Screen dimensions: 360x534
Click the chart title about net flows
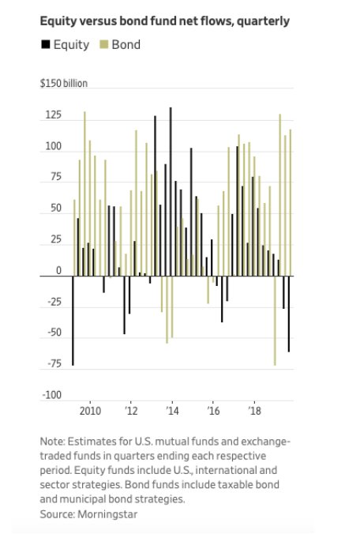[165, 21]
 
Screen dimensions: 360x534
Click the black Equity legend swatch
[46, 44]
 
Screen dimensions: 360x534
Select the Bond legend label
[126, 44]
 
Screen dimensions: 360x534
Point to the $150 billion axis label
[64, 83]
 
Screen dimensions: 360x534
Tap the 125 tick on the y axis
[54, 115]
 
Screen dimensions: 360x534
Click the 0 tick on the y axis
[59, 271]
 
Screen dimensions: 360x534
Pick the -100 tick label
[52, 395]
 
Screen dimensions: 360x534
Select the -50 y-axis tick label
[54, 333]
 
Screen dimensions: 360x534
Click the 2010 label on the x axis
[90, 411]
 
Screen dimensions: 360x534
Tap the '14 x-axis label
[173, 411]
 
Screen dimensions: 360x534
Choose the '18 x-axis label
[254, 411]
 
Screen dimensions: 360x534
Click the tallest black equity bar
[171, 192]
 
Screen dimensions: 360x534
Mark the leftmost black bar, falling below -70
[73, 321]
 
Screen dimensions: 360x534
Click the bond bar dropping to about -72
[275, 321]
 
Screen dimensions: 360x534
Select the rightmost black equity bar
[289, 314]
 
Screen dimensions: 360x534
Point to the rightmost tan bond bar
[291, 203]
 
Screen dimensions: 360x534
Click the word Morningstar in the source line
[107, 514]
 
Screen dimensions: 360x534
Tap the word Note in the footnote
[51, 442]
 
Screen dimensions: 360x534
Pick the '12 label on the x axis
[131, 411]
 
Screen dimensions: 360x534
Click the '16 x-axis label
[213, 411]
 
